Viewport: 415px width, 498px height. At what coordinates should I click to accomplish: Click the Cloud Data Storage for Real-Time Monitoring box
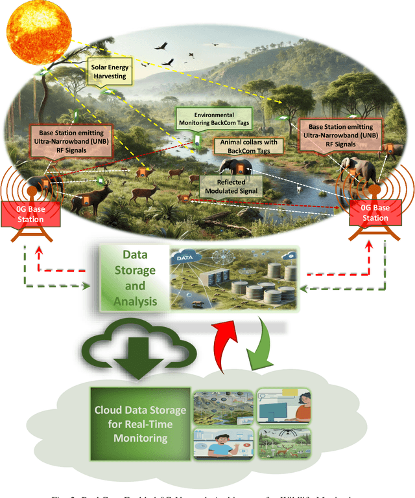140,424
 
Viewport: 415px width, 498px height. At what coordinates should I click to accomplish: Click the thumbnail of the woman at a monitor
283,407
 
